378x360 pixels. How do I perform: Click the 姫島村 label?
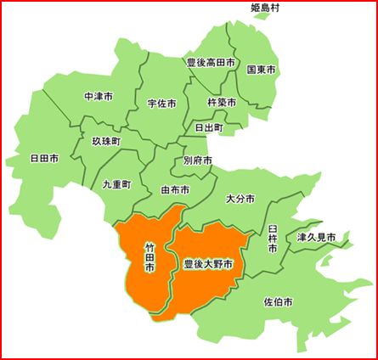click(266, 8)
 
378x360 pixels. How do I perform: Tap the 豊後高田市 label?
click(211, 62)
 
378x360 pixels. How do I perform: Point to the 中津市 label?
click(99, 97)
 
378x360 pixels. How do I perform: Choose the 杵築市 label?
click(222, 103)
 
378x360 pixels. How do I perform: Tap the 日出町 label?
click(208, 127)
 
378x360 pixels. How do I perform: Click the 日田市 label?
click(44, 159)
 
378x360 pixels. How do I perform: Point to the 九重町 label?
click(116, 183)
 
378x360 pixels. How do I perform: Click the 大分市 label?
click(240, 199)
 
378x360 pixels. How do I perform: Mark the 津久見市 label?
click(316, 236)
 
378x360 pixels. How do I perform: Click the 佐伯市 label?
click(278, 302)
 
